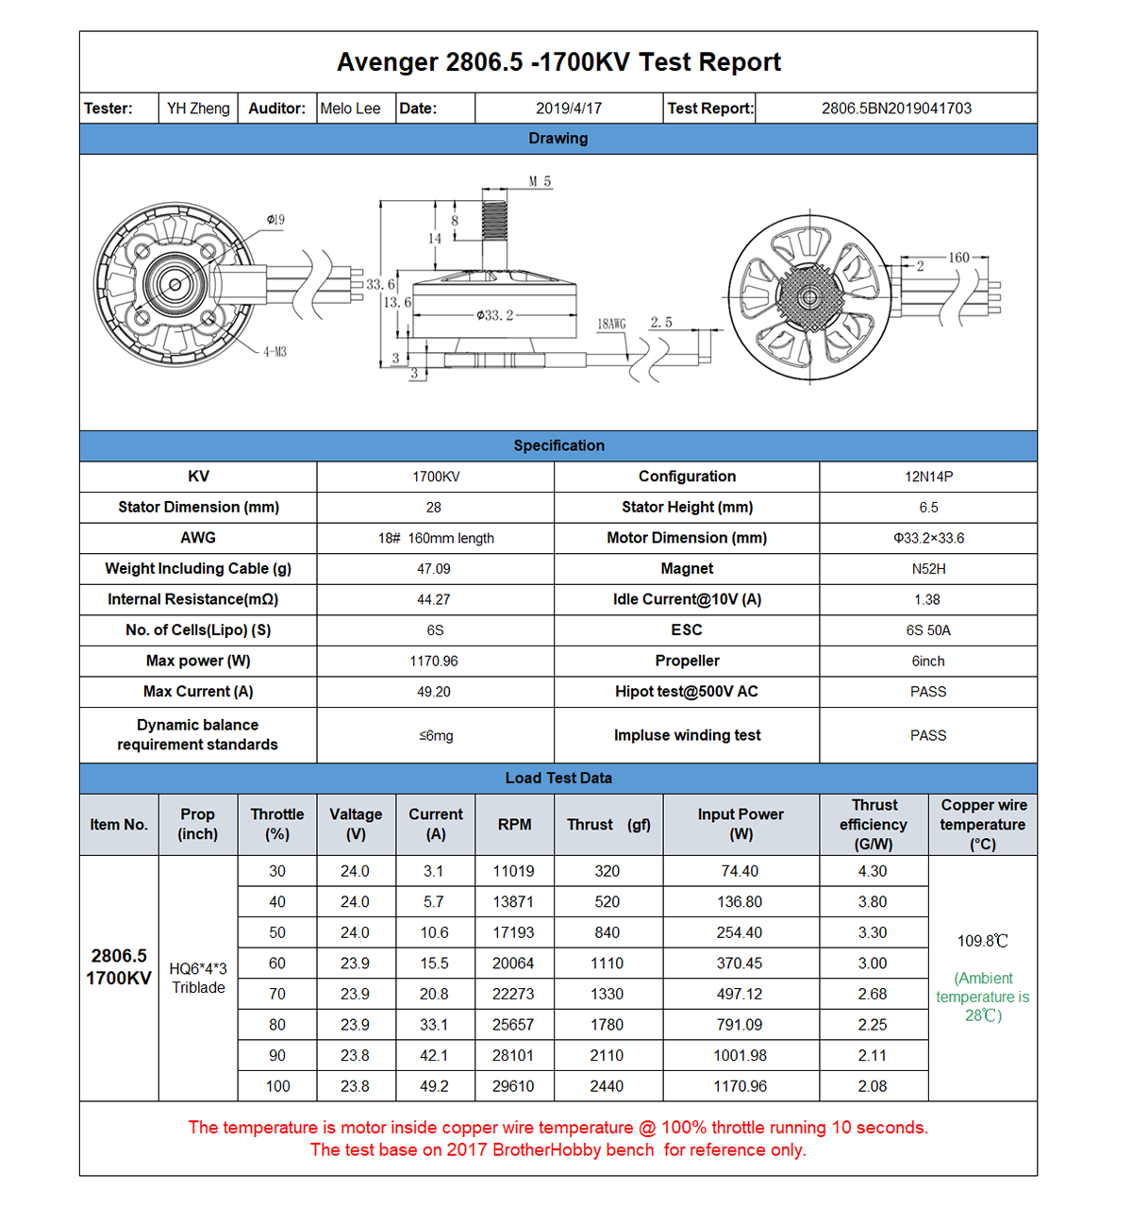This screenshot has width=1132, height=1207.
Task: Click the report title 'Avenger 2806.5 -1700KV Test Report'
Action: click(x=558, y=62)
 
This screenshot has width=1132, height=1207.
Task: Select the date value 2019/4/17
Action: click(x=568, y=109)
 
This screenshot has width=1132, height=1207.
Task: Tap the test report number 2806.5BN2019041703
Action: click(x=895, y=109)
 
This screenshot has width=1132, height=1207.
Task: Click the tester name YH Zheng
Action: click(x=198, y=109)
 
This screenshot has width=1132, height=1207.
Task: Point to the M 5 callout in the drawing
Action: click(x=540, y=181)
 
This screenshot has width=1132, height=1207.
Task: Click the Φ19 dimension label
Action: click(x=275, y=220)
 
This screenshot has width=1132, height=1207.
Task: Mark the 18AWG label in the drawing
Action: click(x=610, y=324)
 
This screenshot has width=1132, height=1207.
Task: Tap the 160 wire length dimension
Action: click(x=958, y=258)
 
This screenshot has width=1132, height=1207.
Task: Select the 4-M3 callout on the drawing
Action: click(x=275, y=352)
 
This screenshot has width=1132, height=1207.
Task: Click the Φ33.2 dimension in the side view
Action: click(x=494, y=315)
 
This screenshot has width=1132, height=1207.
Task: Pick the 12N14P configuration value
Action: click(x=928, y=477)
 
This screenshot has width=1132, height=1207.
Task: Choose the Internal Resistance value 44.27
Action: click(x=434, y=599)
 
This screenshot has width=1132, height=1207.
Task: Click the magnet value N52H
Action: click(x=928, y=569)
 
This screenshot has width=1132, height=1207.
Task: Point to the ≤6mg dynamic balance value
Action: click(x=435, y=735)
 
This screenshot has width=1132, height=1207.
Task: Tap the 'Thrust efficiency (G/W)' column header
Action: click(x=874, y=825)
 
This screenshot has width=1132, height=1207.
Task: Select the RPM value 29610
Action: click(x=513, y=1086)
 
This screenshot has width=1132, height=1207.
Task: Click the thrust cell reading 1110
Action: click(x=607, y=964)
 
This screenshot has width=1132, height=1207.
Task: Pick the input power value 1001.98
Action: click(x=741, y=1056)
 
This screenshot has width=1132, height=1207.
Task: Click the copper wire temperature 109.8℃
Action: click(x=982, y=941)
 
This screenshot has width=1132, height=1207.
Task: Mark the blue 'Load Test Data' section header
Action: click(x=558, y=778)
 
